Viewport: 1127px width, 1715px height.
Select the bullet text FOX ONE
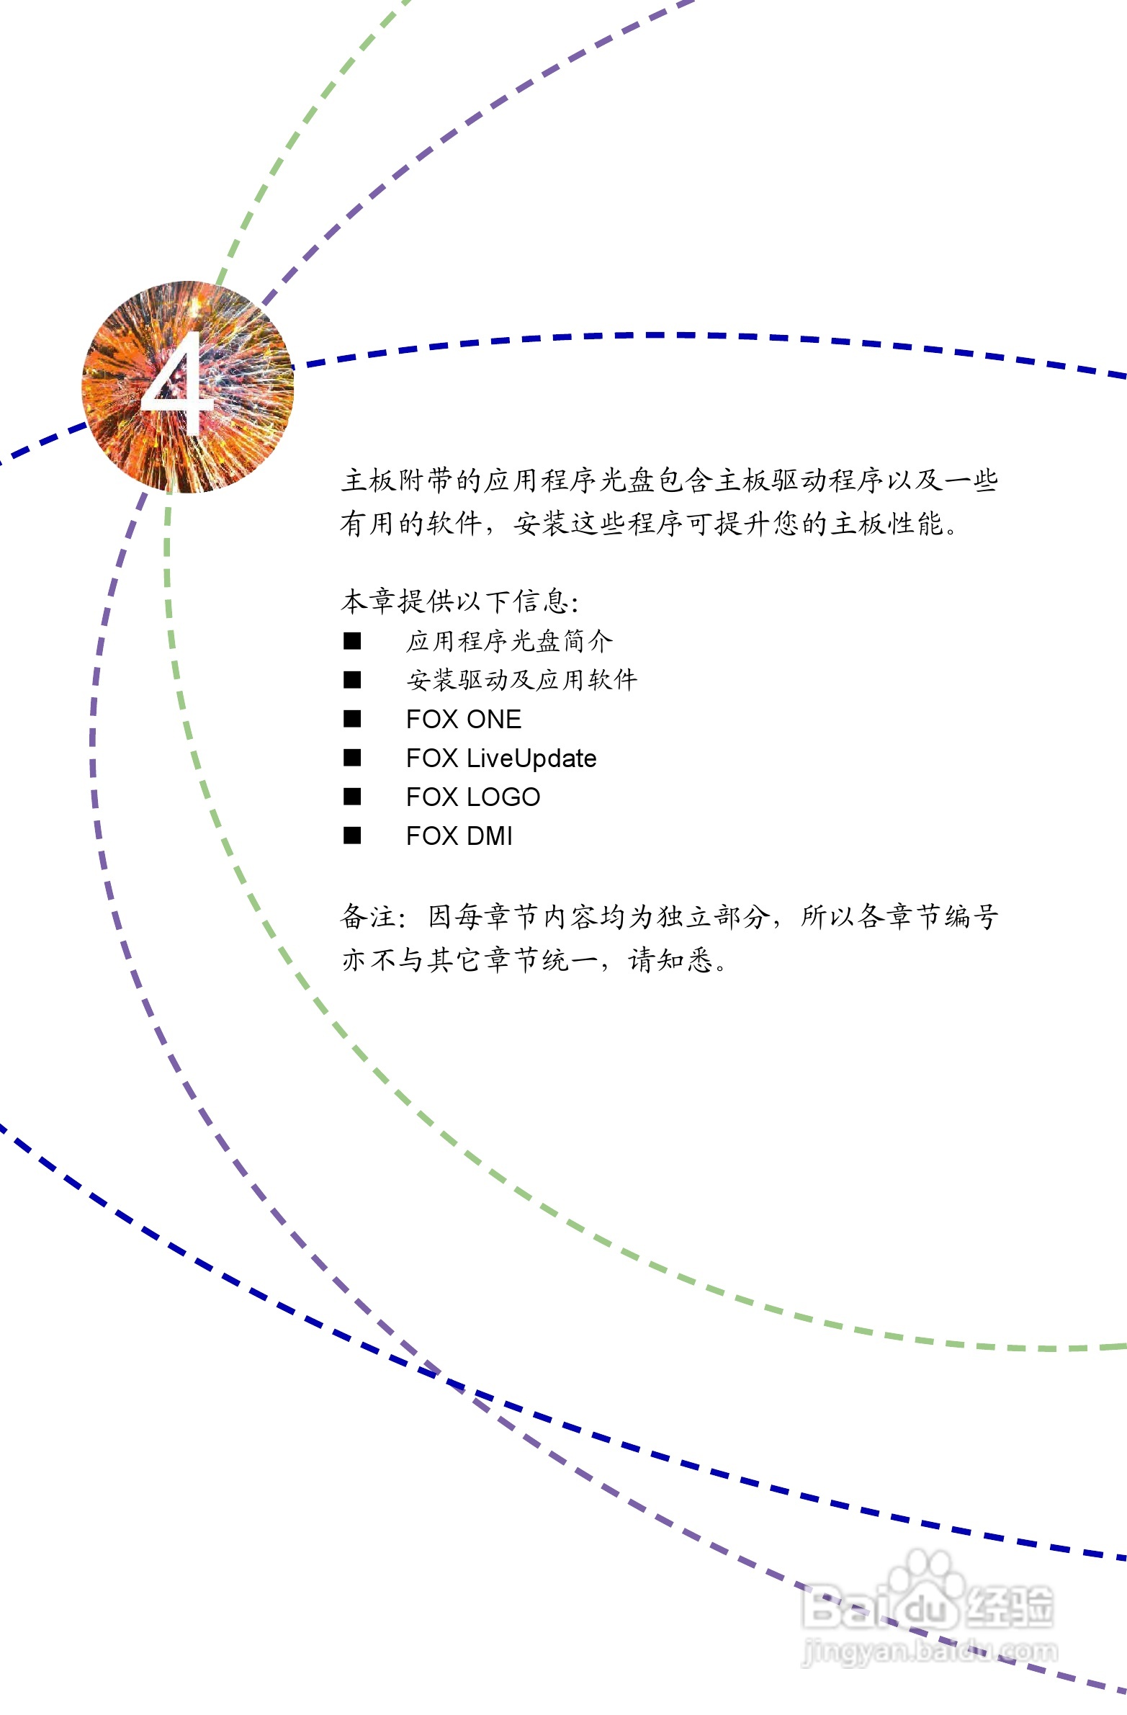click(463, 719)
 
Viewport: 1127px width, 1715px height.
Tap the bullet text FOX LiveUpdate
click(500, 758)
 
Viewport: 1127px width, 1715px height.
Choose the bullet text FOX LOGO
click(472, 797)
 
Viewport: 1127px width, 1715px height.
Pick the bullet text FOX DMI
click(459, 836)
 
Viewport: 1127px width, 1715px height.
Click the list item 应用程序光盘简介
click(509, 641)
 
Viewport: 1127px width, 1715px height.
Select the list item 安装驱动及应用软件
click(521, 680)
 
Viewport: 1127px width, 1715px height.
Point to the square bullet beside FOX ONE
click(351, 719)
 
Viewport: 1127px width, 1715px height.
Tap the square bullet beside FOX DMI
click(351, 836)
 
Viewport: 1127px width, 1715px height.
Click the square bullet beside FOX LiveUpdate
click(351, 758)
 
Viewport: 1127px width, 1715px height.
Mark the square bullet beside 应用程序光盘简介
click(351, 641)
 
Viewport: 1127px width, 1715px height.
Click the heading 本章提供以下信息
click(459, 601)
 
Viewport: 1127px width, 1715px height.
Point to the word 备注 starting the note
click(369, 918)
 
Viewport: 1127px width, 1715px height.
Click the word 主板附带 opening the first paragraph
click(397, 480)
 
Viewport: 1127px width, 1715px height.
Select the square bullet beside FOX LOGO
click(351, 797)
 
